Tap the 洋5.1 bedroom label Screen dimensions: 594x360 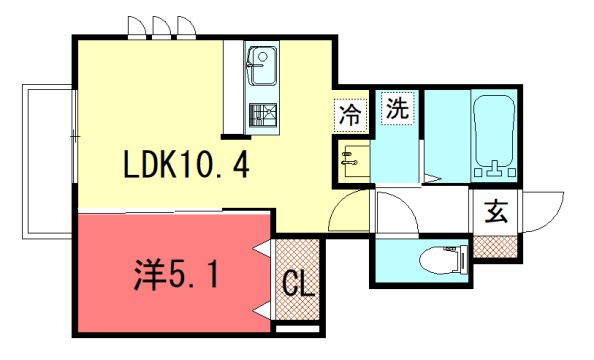click(x=176, y=274)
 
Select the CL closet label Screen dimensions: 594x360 click(x=299, y=284)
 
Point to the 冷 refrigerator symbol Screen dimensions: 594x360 click(x=350, y=115)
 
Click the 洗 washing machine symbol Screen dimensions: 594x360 click(x=397, y=108)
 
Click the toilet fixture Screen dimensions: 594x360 click(x=444, y=260)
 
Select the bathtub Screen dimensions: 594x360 click(x=494, y=136)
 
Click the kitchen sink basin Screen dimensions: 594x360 click(x=262, y=65)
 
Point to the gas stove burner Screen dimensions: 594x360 click(x=263, y=116)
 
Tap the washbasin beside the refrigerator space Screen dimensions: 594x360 click(x=354, y=160)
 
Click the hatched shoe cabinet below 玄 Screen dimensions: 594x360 click(x=495, y=247)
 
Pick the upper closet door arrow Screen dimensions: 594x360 click(x=263, y=248)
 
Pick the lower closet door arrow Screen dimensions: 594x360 click(x=263, y=310)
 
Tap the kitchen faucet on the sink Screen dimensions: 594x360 click(x=255, y=65)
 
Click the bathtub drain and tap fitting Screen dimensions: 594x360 click(x=495, y=169)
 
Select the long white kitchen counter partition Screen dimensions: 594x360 click(x=232, y=87)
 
